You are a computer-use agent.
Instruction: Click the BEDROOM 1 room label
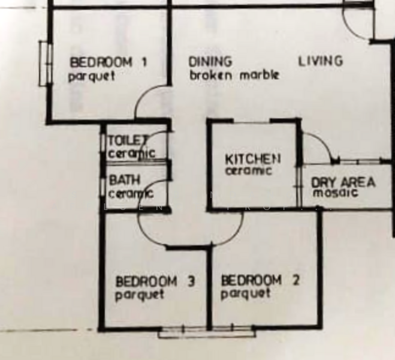click(x=108, y=62)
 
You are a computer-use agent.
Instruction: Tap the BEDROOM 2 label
click(x=260, y=280)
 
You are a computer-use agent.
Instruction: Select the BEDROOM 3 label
click(x=155, y=281)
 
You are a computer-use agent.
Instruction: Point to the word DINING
click(x=210, y=62)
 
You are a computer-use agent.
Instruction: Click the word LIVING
click(x=321, y=61)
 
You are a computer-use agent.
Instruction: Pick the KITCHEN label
click(x=253, y=160)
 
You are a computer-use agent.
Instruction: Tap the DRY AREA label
click(x=343, y=182)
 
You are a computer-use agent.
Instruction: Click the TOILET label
click(x=128, y=140)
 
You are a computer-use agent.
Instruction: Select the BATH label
click(x=125, y=180)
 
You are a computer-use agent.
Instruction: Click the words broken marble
click(x=234, y=75)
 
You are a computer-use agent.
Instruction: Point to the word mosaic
click(x=335, y=193)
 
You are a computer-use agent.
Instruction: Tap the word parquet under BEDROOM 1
click(x=92, y=76)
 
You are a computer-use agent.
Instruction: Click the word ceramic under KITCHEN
click(x=249, y=171)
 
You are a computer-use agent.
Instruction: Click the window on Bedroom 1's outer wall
click(x=46, y=64)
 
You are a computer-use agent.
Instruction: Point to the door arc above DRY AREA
click(x=324, y=142)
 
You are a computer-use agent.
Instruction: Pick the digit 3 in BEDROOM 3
click(x=192, y=281)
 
